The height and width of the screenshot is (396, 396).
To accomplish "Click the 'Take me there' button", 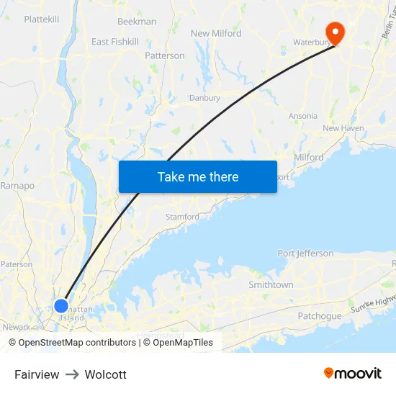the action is [x=198, y=176].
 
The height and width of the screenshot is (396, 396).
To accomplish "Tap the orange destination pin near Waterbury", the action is [x=335, y=31].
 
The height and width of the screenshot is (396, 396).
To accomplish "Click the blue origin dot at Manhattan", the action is [x=61, y=305].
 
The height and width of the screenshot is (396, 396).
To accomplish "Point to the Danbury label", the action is [x=204, y=98].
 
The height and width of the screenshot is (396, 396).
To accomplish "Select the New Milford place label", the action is [x=216, y=33].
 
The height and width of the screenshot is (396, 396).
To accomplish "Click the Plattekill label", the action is [x=41, y=19].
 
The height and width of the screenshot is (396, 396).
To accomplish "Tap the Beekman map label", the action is [x=137, y=22].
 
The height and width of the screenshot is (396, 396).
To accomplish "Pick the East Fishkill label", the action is [x=115, y=42].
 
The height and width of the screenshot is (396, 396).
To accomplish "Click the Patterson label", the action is [x=165, y=55].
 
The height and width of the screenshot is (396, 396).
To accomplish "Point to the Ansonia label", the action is [x=302, y=116].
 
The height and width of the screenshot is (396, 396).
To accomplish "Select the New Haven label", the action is [x=343, y=128].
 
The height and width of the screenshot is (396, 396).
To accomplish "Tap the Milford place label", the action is [x=308, y=157].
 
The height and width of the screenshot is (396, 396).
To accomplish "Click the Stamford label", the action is [x=182, y=217].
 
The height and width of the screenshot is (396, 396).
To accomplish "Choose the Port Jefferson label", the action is [x=305, y=253].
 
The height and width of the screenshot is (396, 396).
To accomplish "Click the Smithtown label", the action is [x=271, y=284].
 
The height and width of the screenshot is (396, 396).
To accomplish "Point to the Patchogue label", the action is [x=320, y=316].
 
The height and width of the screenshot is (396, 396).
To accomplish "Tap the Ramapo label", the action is [x=18, y=185].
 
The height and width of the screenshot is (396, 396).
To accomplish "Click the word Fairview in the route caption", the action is [x=37, y=374].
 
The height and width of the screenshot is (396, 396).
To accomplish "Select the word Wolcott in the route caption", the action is [x=105, y=374].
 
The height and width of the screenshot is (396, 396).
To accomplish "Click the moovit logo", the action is [x=352, y=373].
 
